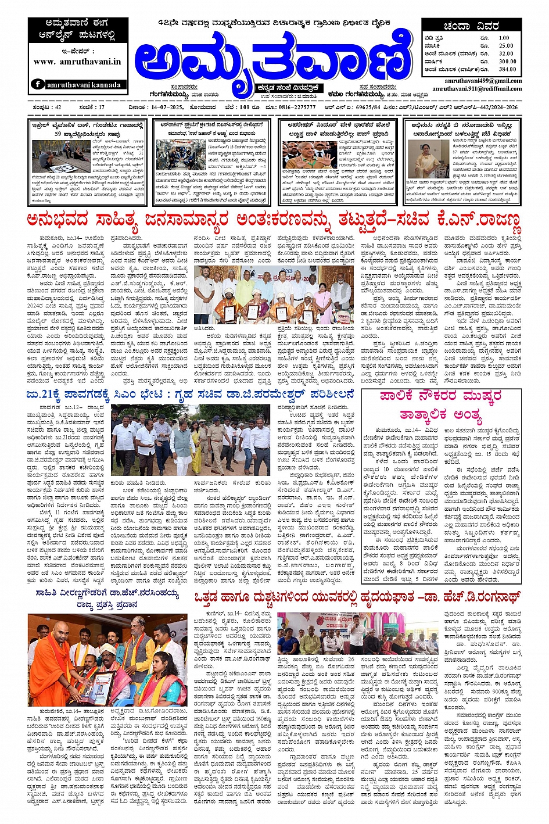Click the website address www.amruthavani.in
pos(77,61)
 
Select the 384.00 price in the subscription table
pos(506,69)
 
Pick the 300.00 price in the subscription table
pos(507,61)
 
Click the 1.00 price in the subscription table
pos(504,38)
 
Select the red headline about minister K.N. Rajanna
pos(274,221)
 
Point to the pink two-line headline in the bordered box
pos(441,405)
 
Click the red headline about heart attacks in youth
pos(357,597)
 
